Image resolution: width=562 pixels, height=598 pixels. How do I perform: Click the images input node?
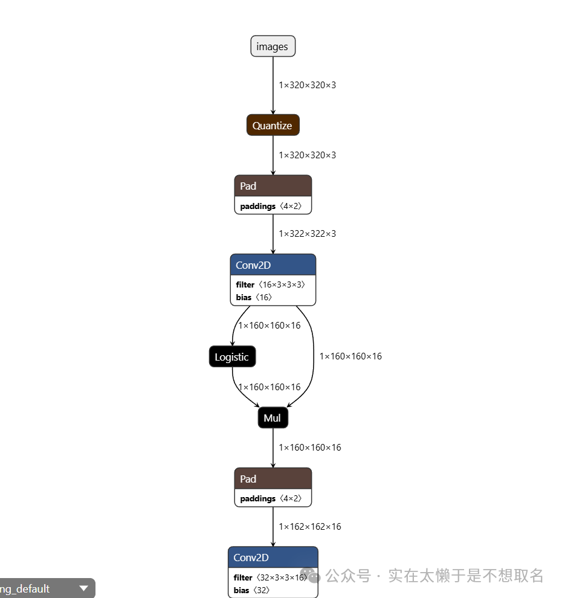(x=273, y=47)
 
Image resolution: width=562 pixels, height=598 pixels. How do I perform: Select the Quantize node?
(x=273, y=126)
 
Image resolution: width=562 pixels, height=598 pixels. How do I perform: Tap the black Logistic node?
(x=232, y=357)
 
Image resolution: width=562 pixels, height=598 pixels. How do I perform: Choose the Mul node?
(x=273, y=418)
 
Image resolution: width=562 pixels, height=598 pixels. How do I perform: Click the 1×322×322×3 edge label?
(x=307, y=234)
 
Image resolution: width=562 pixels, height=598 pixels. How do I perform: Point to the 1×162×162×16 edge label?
(x=309, y=527)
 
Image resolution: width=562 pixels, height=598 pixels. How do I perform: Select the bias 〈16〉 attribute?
(x=254, y=297)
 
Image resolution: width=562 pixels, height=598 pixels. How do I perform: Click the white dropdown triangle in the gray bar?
(x=84, y=588)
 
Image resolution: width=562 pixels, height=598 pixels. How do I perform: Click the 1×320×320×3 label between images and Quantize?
(x=307, y=85)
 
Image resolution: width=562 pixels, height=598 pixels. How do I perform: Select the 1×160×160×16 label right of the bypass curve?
(x=350, y=356)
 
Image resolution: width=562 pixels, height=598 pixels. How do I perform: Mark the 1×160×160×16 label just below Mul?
(x=309, y=448)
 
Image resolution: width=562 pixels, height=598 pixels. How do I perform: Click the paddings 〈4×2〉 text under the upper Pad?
(x=275, y=206)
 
